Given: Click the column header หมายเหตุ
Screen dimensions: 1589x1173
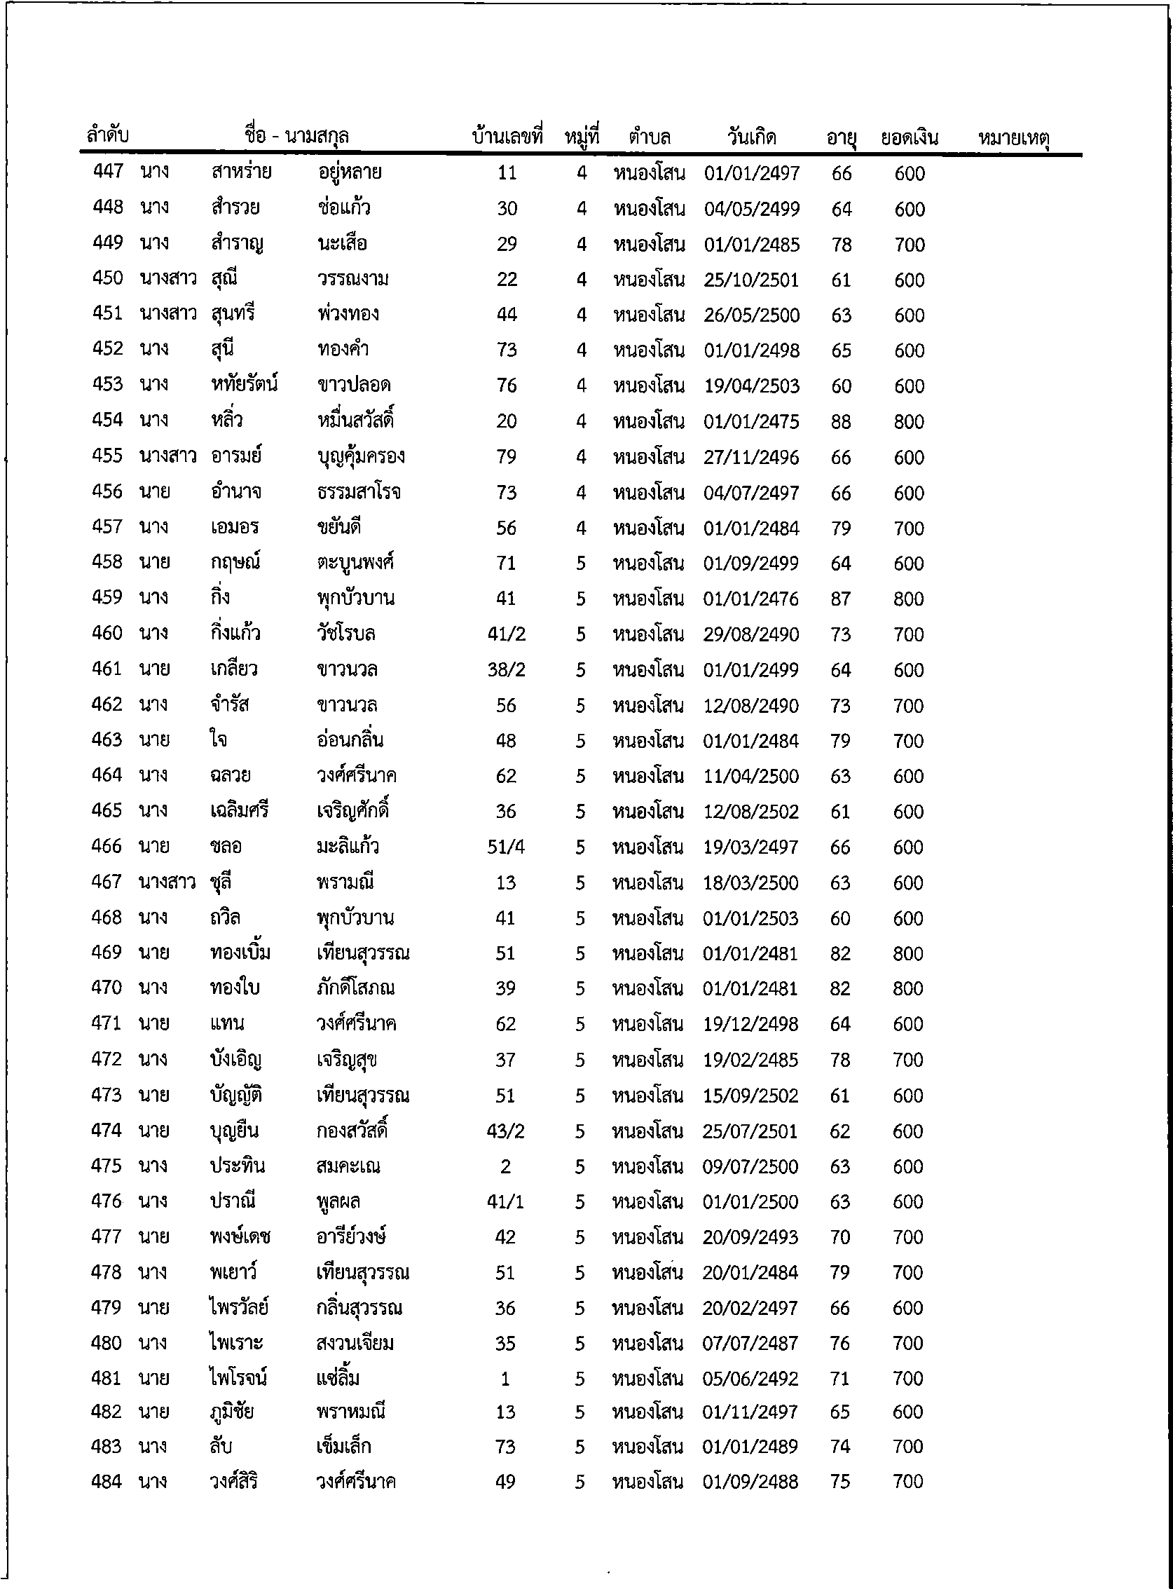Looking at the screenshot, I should [x=1013, y=138].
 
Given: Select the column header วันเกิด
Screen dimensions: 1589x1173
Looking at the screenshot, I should [x=751, y=137].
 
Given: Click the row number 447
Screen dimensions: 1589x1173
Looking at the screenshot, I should [x=108, y=171].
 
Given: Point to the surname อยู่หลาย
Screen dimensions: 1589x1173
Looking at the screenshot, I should [x=350, y=172].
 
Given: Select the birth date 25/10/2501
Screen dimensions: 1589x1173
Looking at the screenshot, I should [x=751, y=280].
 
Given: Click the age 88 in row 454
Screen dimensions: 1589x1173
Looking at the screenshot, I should [x=841, y=422].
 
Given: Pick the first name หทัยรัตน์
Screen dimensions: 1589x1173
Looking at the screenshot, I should [x=244, y=384].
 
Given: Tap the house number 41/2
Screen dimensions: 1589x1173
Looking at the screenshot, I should [x=506, y=634].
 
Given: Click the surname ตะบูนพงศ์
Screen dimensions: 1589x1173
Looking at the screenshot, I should [x=355, y=563].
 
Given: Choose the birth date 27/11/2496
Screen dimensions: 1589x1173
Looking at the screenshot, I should [x=751, y=458].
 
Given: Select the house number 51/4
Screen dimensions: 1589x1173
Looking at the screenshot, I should [x=505, y=847].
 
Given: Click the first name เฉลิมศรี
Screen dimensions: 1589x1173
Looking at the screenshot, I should [x=239, y=810].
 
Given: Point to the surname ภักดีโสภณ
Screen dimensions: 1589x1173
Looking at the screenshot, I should [x=356, y=988].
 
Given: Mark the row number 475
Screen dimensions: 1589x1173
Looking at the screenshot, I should [x=107, y=1166].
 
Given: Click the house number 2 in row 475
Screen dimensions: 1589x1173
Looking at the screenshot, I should [x=505, y=1166].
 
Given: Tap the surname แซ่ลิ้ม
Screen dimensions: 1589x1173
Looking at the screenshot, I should [x=338, y=1379].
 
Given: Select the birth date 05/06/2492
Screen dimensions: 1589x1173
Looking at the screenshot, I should [x=750, y=1379].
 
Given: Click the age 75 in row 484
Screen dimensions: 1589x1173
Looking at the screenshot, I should [x=839, y=1482].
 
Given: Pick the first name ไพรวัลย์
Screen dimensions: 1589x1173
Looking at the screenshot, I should [x=239, y=1308].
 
